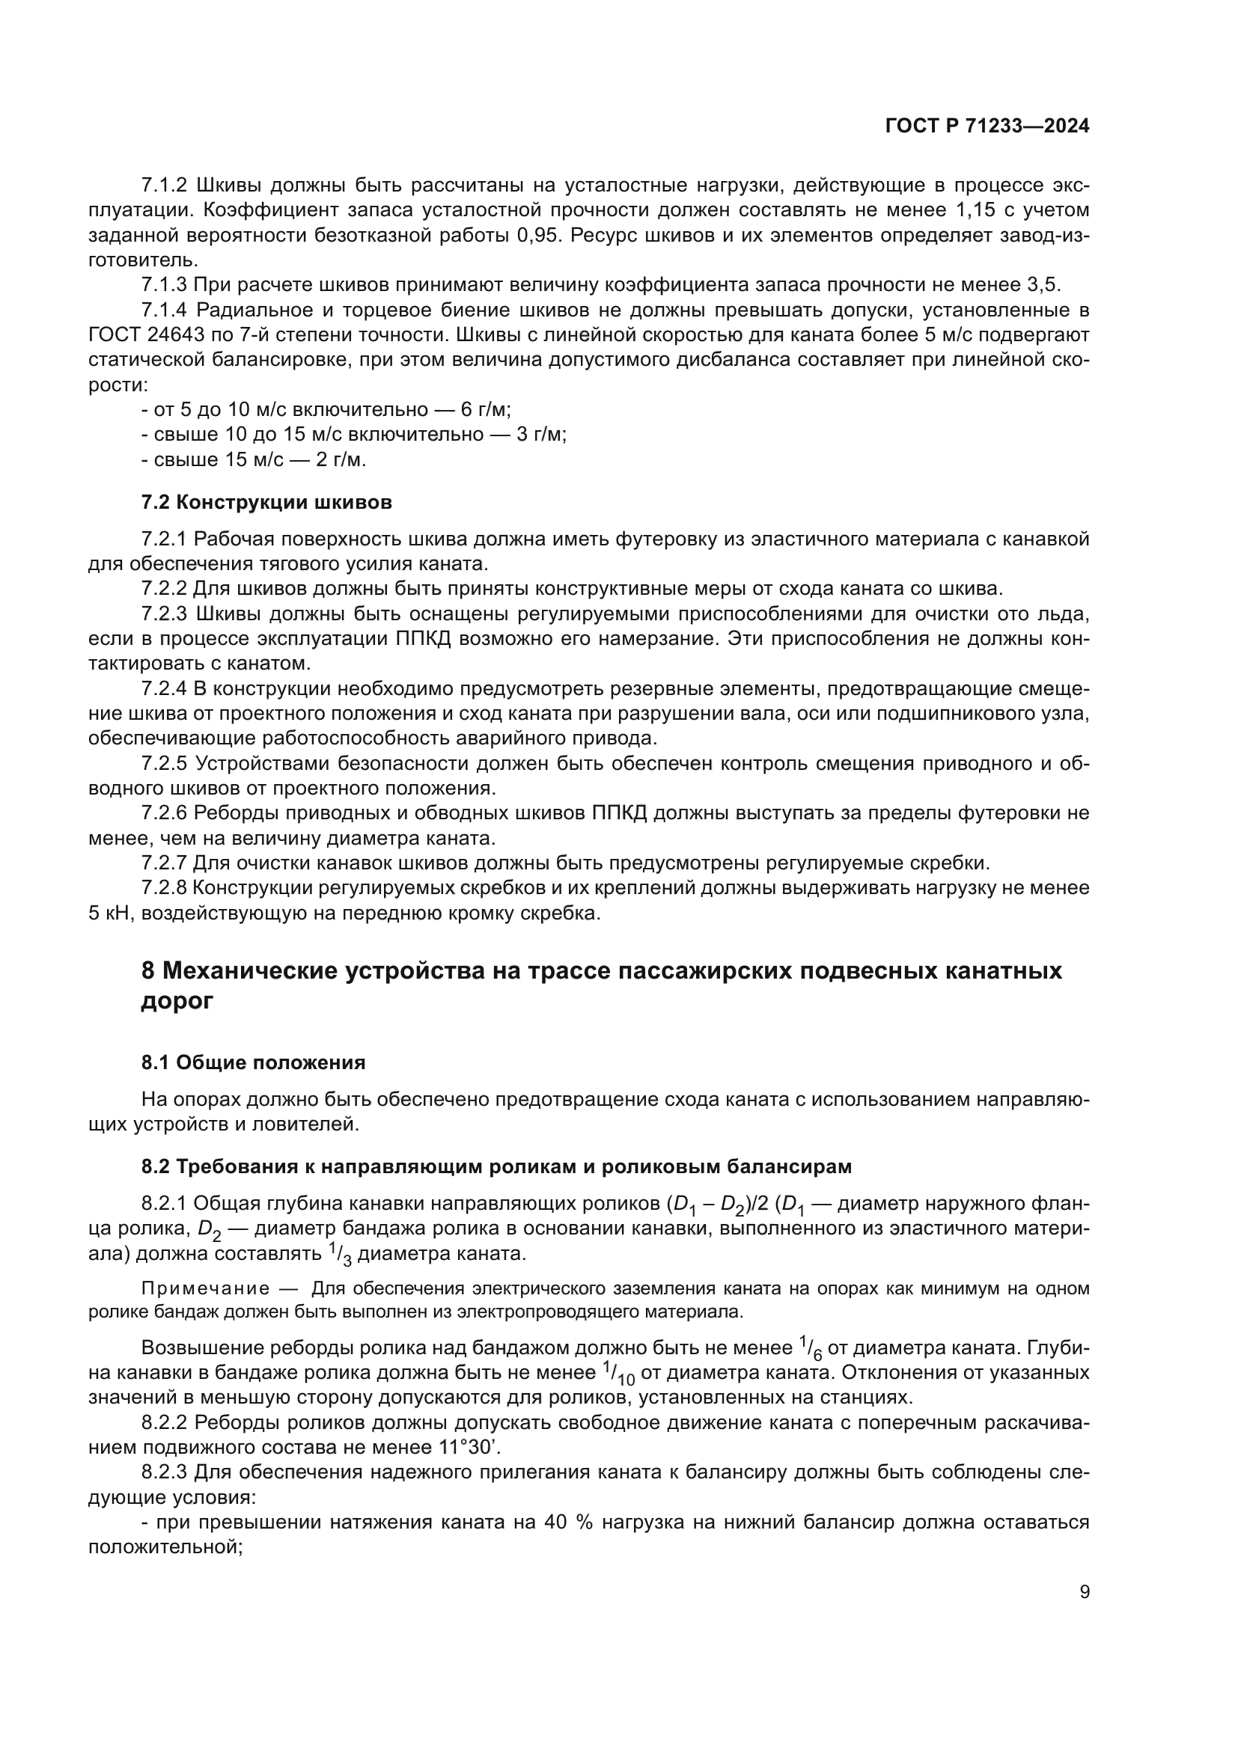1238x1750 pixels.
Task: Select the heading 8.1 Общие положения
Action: pos(253,1063)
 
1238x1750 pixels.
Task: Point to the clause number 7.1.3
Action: pos(164,286)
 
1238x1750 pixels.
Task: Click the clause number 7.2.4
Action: pos(164,689)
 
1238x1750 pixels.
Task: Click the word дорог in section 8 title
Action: pos(177,1002)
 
